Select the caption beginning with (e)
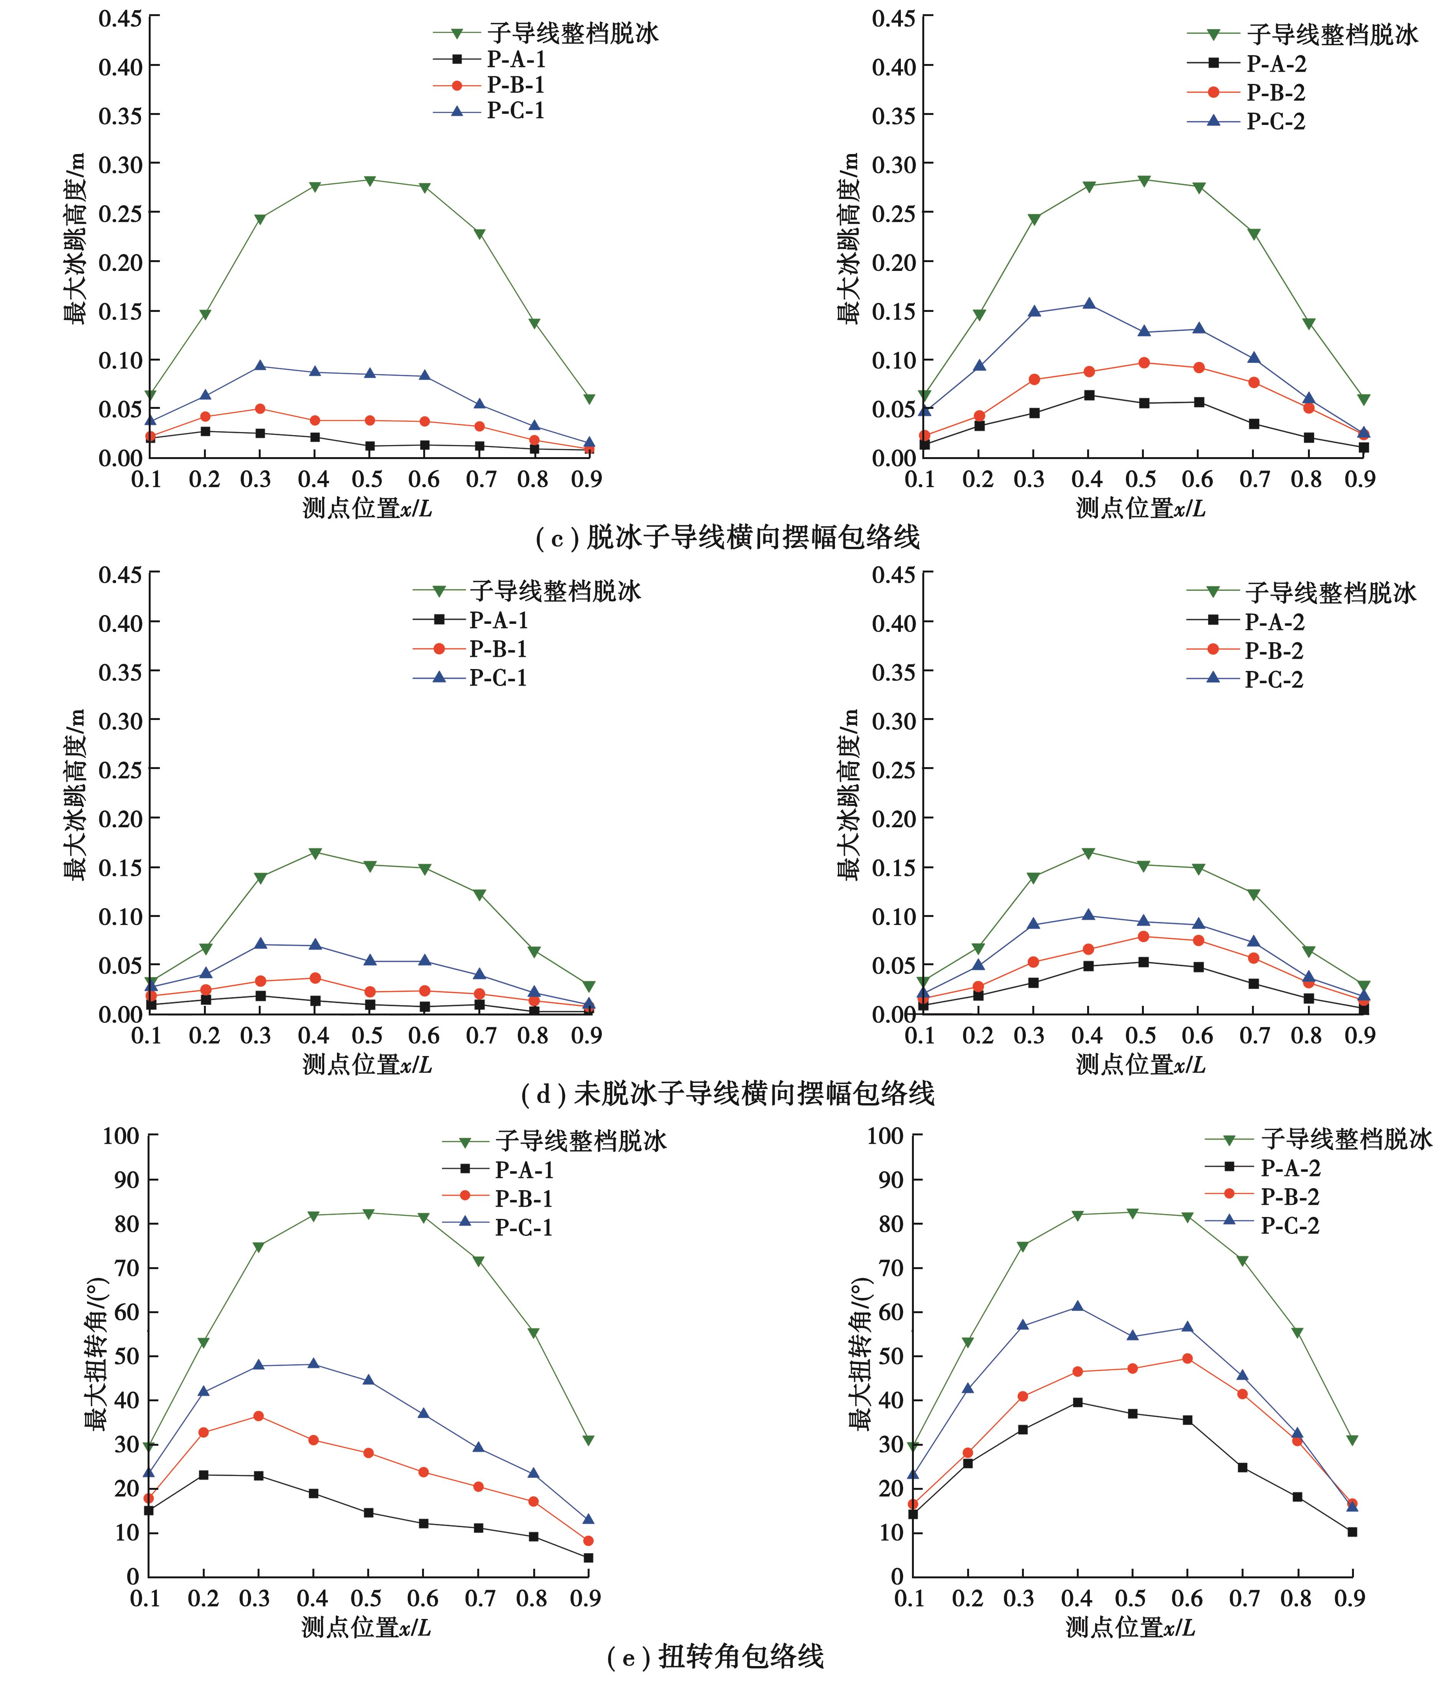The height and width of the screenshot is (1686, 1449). [x=716, y=1657]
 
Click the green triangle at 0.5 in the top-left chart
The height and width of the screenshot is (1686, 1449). [x=369, y=180]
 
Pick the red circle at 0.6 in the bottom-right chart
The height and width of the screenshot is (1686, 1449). [x=1187, y=1358]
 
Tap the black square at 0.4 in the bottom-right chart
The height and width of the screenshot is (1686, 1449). [x=1077, y=1402]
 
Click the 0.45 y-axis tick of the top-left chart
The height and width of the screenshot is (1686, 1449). [x=120, y=18]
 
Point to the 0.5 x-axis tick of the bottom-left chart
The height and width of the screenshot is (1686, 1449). [x=367, y=1599]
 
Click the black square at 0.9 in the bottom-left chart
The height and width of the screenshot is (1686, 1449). [x=588, y=1557]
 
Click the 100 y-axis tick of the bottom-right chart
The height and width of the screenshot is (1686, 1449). [x=886, y=1136]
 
